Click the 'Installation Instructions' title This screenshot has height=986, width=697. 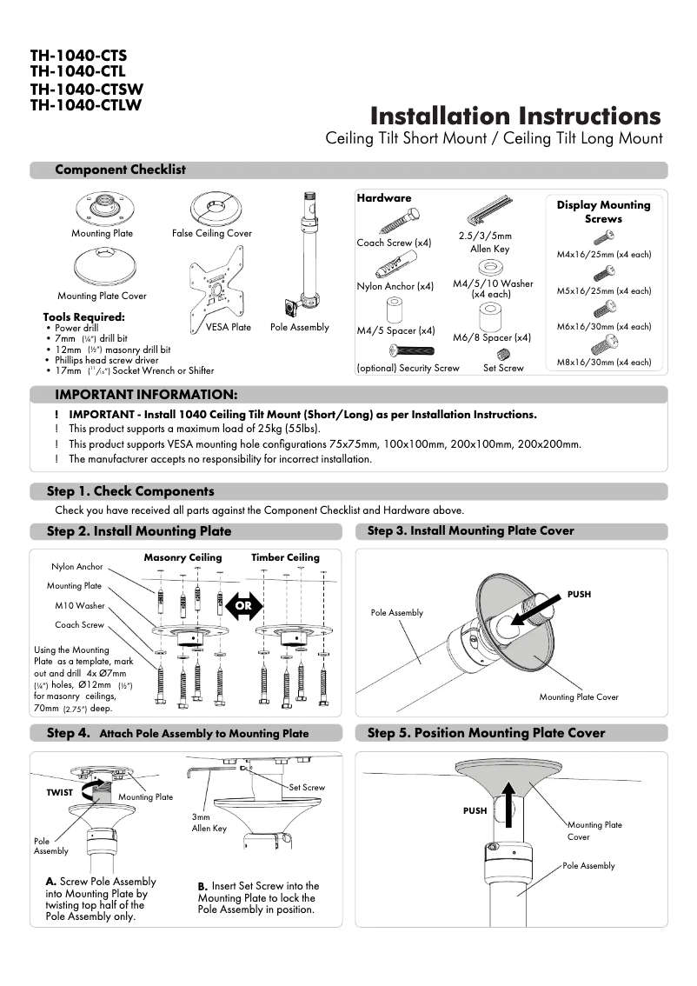tap(515, 117)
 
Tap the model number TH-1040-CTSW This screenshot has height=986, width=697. tap(86, 90)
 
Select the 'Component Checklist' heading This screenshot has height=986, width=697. tap(120, 170)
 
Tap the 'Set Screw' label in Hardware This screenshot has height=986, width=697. tap(503, 368)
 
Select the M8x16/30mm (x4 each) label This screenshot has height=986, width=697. tap(603, 362)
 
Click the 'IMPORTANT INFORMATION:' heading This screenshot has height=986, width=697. tap(146, 395)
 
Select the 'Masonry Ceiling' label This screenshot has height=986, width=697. tap(183, 557)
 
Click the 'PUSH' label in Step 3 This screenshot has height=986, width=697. tap(579, 595)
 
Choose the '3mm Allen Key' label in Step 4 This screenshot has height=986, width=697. tap(209, 823)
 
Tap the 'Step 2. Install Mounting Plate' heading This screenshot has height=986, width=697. tap(139, 531)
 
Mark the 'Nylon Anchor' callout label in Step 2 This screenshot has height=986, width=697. tap(76, 567)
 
